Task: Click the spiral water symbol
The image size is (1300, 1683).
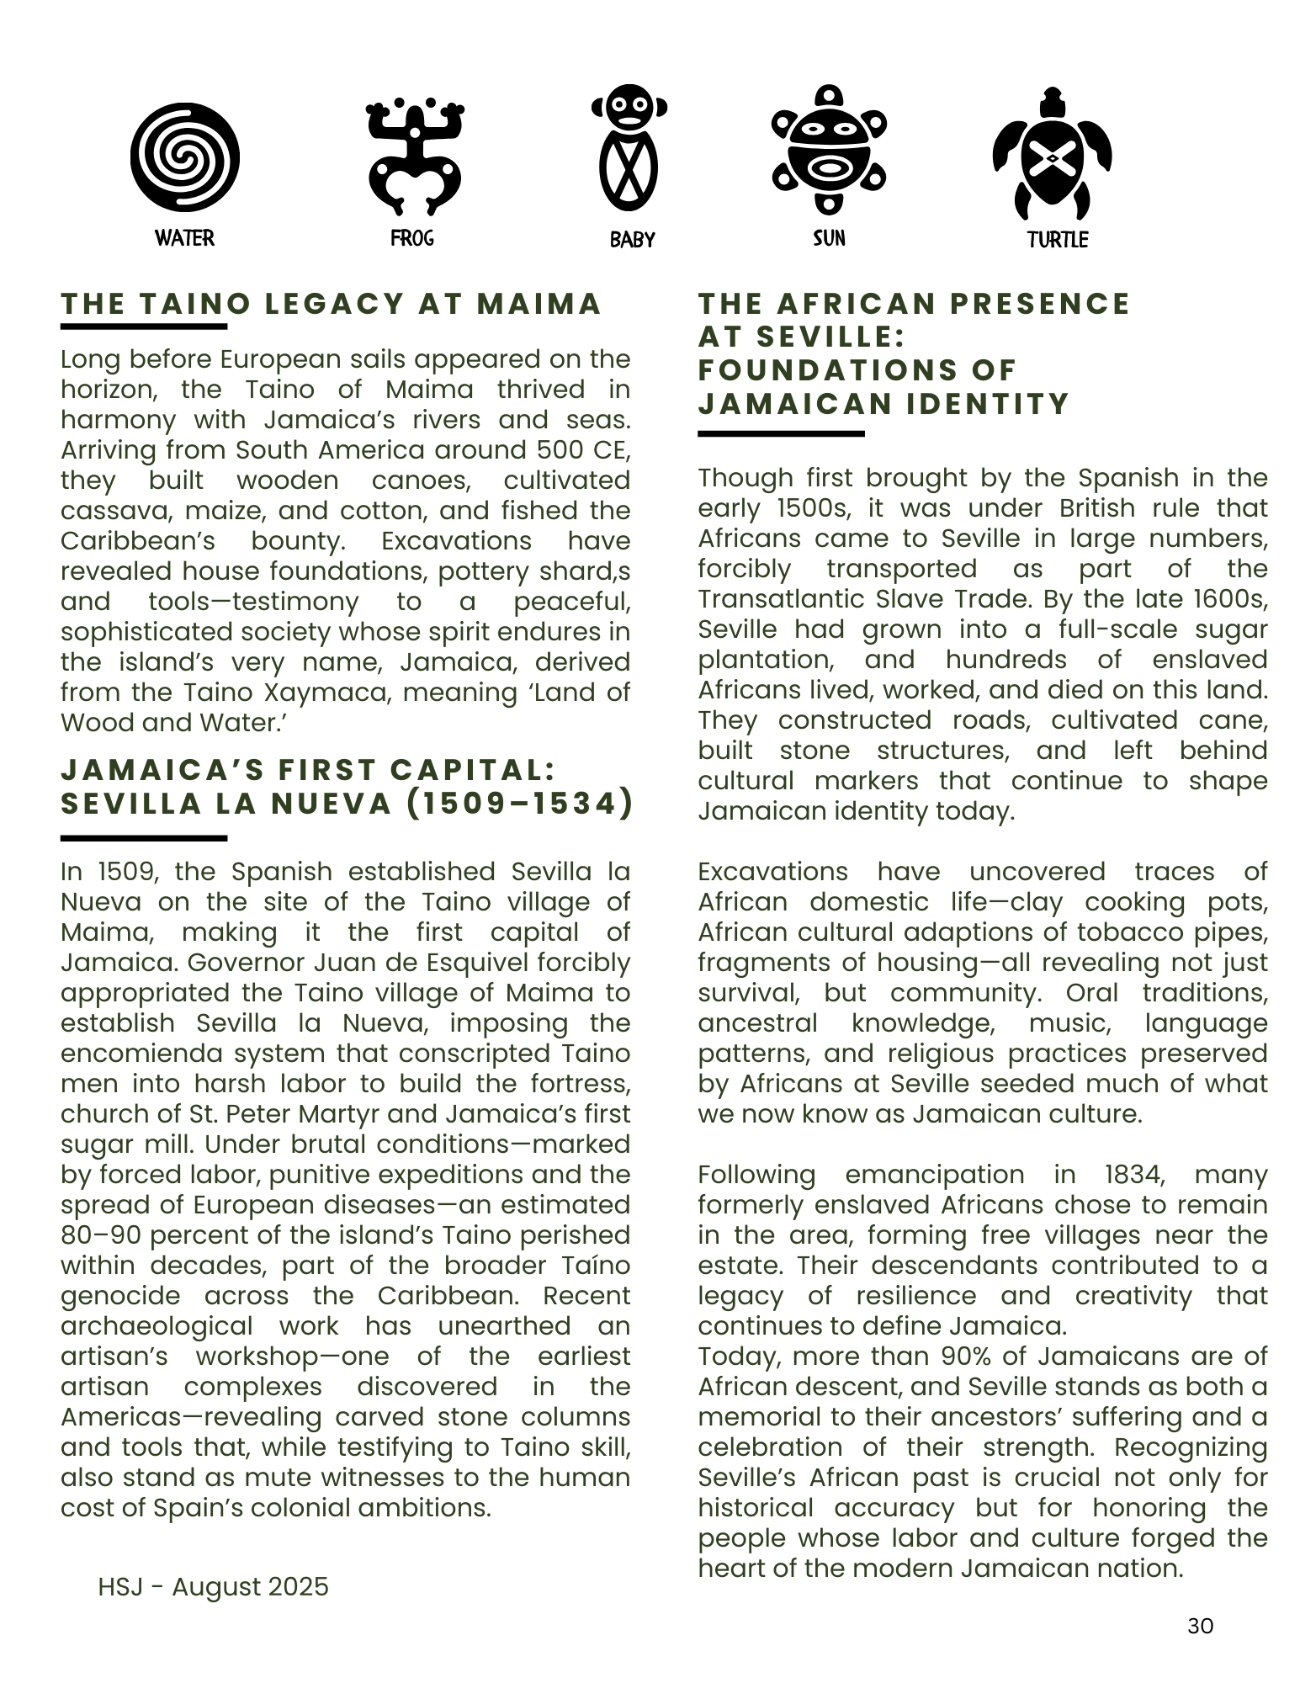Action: coord(184,157)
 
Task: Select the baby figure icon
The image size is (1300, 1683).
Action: coord(629,148)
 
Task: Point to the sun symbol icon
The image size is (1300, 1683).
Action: coord(829,149)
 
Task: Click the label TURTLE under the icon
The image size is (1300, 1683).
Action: coord(1058,240)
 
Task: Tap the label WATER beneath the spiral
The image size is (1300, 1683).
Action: coord(184,238)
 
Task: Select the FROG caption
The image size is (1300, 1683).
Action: coord(412,238)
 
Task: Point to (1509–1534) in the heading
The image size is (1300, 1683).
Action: coord(519,804)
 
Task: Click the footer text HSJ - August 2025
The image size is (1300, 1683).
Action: coord(213,1586)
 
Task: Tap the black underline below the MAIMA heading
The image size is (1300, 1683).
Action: coord(144,327)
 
